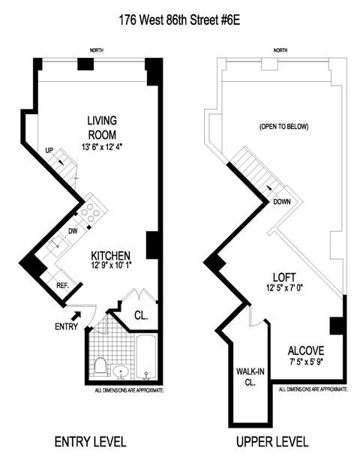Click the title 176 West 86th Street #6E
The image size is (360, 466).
[x=179, y=20]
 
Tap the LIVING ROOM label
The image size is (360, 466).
[x=102, y=128]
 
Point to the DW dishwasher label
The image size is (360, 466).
[x=73, y=231]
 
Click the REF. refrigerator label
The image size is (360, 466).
[x=63, y=286]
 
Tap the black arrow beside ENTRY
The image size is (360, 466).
[x=76, y=315]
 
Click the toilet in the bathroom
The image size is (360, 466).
[x=100, y=366]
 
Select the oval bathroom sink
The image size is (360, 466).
[x=121, y=371]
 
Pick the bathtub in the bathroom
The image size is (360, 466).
[x=146, y=357]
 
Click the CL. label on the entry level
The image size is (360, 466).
[x=141, y=315]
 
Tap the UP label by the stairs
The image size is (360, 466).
[x=49, y=151]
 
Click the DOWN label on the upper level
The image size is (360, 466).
[x=282, y=202]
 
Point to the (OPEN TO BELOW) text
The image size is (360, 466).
[x=284, y=127]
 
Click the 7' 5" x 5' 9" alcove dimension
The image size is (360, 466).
[x=306, y=362]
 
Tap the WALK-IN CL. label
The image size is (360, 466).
[x=250, y=377]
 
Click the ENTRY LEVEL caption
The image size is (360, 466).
[x=90, y=442]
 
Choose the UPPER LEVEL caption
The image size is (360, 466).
[x=272, y=442]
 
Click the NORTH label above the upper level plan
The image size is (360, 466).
[x=280, y=50]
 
